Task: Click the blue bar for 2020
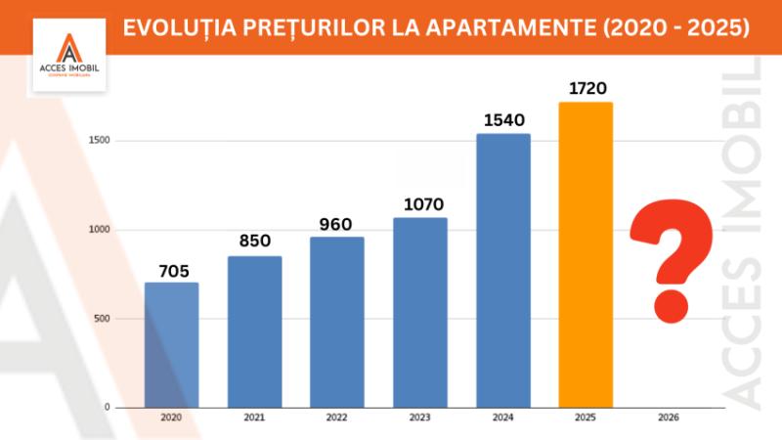[x=171, y=345]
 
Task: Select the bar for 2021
[x=254, y=331]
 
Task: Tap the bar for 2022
[x=337, y=322]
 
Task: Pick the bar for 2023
[x=420, y=312]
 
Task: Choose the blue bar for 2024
[x=503, y=270]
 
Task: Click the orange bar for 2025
[x=586, y=254]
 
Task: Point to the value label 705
[x=171, y=271]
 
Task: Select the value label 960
[x=337, y=224]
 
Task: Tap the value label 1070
[x=420, y=204]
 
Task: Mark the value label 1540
[x=503, y=120]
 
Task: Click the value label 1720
[x=586, y=88]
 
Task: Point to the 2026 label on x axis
[x=669, y=418]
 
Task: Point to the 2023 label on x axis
[x=420, y=418]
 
